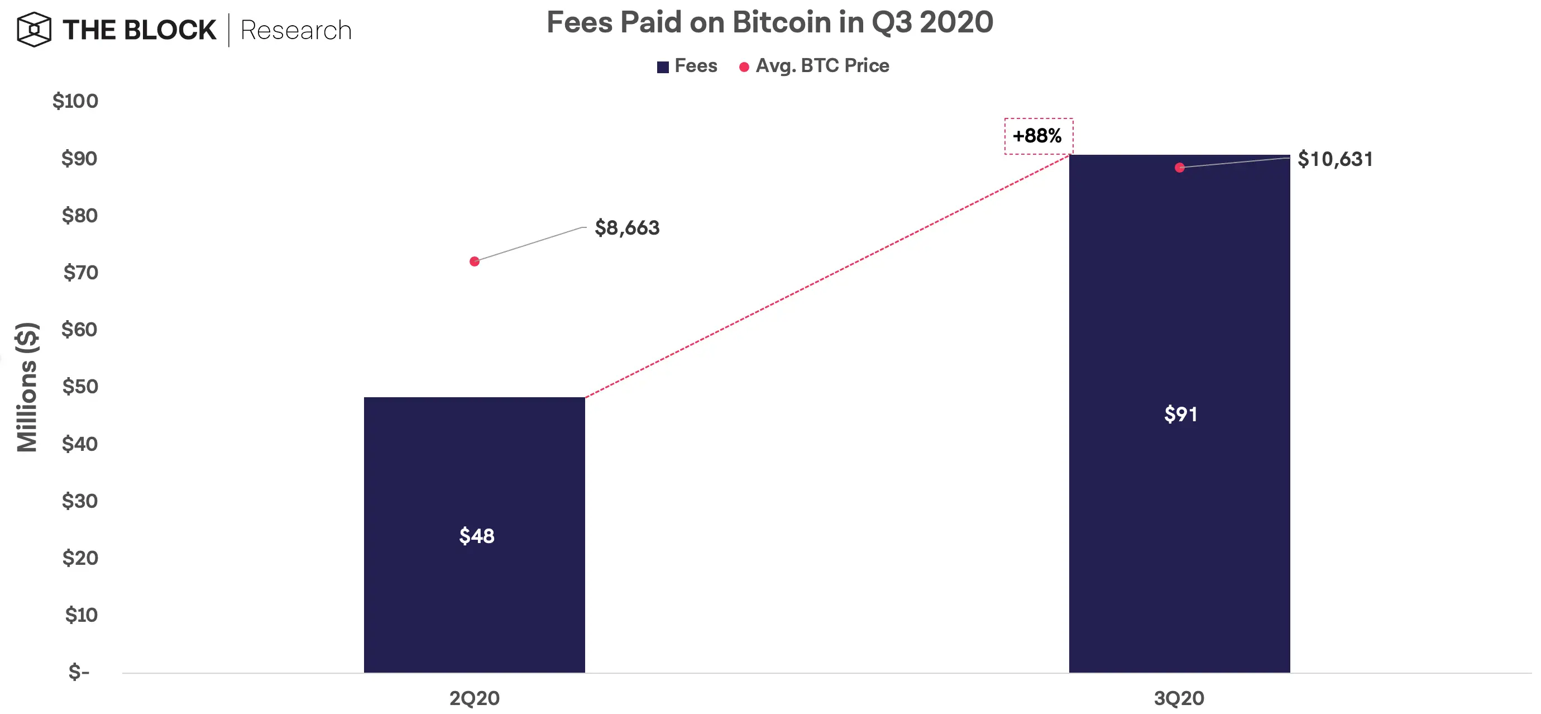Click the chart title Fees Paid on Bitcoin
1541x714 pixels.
coord(769,23)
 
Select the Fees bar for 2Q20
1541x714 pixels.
coord(474,467)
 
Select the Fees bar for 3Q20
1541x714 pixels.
coord(1179,299)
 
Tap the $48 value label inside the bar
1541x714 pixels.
coord(476,536)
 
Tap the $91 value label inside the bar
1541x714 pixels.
coord(1180,414)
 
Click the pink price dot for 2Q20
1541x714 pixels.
coord(475,261)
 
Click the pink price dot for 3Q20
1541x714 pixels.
coord(1179,168)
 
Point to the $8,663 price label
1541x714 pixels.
coord(627,228)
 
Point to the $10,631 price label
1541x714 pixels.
coord(1334,159)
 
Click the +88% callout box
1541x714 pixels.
coord(1038,136)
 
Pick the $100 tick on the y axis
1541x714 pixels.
coord(75,101)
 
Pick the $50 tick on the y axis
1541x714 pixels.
coord(79,386)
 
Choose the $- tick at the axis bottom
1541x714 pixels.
coord(79,672)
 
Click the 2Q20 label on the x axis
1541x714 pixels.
coord(475,698)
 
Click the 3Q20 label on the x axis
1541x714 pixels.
coord(1179,698)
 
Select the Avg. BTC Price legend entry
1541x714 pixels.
coord(814,66)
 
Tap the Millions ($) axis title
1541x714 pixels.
coord(27,387)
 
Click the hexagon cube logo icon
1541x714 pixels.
coord(34,29)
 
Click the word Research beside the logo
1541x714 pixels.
coord(295,31)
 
